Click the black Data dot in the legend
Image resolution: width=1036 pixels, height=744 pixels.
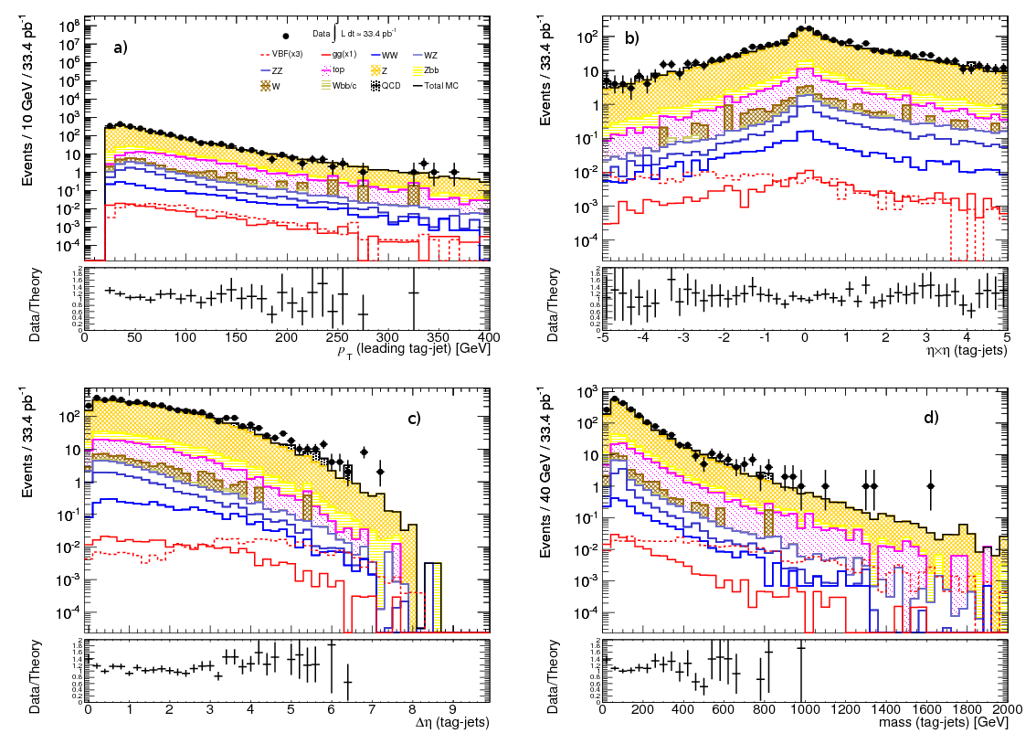point(286,36)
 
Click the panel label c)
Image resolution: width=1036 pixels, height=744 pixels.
point(414,419)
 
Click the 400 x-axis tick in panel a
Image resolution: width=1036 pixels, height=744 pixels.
point(488,336)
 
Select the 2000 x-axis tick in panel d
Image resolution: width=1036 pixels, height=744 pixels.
point(1005,709)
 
